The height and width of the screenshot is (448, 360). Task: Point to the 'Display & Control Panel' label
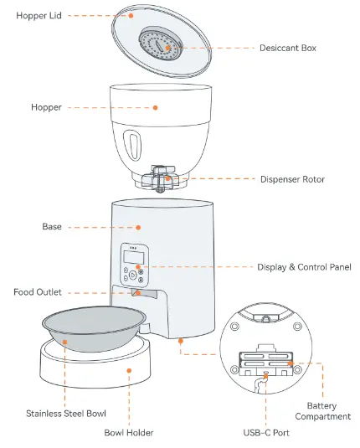click(x=304, y=267)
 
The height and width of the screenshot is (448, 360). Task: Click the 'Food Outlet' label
click(x=38, y=292)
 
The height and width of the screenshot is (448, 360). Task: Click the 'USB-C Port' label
click(x=266, y=432)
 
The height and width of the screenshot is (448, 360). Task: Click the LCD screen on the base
click(x=130, y=255)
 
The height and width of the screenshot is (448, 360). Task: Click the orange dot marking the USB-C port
click(x=266, y=378)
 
